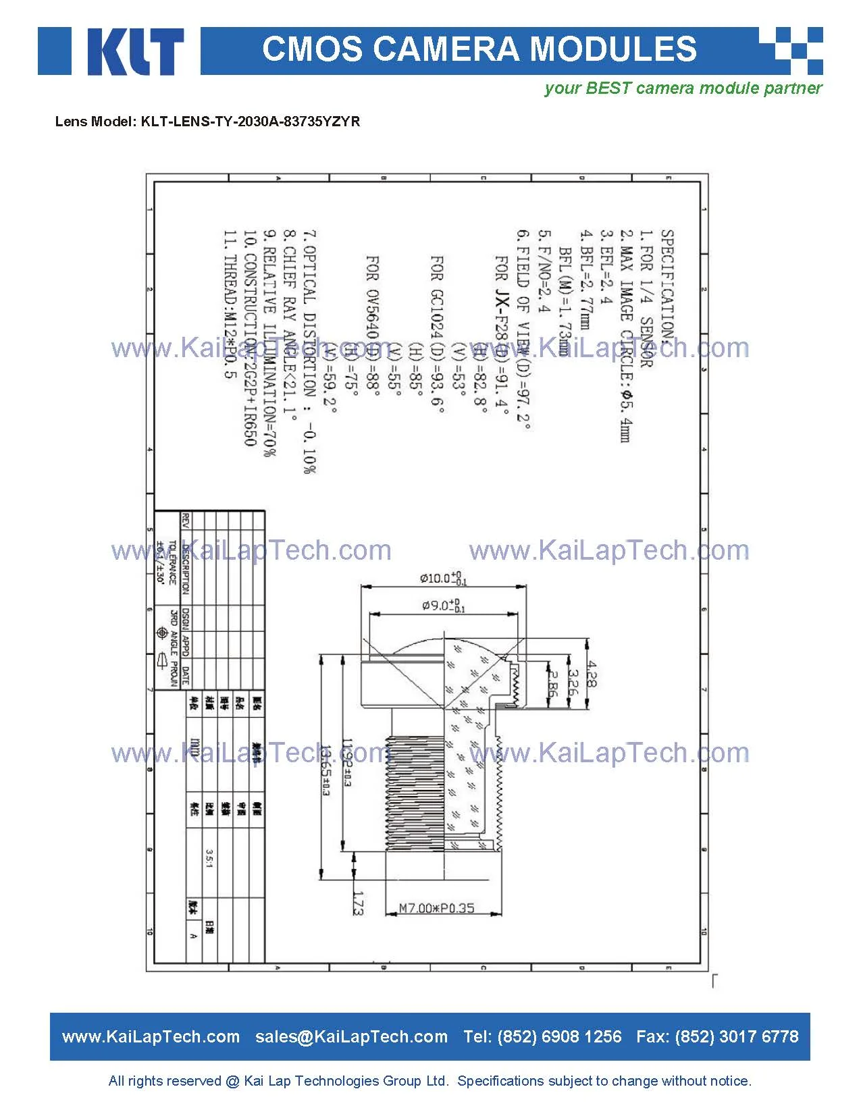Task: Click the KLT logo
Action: point(111,51)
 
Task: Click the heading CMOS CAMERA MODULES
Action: point(479,49)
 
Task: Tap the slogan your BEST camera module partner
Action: point(683,88)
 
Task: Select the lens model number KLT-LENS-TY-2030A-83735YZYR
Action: point(250,122)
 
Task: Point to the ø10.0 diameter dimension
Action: point(442,579)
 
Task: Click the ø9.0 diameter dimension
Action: point(443,606)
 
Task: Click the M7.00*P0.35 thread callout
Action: point(436,908)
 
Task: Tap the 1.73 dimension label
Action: point(359,903)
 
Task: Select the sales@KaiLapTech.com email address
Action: point(351,1036)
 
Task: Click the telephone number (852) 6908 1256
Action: point(559,1036)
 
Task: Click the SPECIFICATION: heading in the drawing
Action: point(667,284)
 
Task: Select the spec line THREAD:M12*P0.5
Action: point(230,304)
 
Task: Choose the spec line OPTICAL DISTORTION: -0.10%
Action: point(309,351)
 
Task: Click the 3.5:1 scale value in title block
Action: point(209,859)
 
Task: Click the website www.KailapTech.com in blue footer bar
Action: point(151,1036)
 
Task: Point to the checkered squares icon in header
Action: point(791,51)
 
